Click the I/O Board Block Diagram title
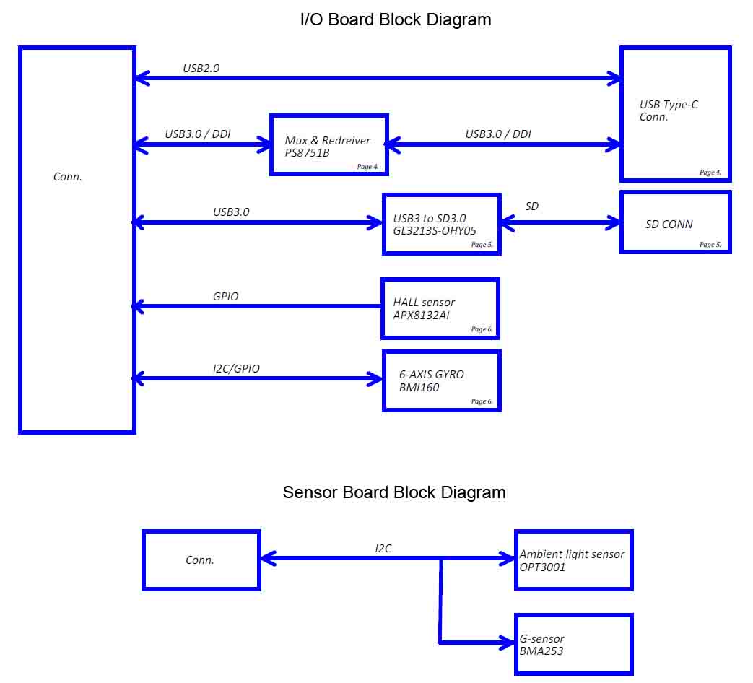[395, 19]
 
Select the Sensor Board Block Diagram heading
[394, 492]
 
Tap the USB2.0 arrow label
[201, 69]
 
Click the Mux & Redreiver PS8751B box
[329, 144]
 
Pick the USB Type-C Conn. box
[676, 114]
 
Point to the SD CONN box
[676, 222]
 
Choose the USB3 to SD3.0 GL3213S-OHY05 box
[441, 224]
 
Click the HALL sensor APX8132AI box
[440, 308]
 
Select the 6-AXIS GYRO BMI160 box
[441, 380]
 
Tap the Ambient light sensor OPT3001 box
[573, 560]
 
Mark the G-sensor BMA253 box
[573, 645]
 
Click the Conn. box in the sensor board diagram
[201, 560]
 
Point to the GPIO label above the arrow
[225, 296]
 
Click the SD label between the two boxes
[531, 206]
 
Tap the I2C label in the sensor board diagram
[383, 549]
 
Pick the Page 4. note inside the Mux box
[367, 167]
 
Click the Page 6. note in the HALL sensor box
[482, 329]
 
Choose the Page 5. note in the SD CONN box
[710, 245]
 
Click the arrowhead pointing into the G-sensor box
[507, 641]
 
